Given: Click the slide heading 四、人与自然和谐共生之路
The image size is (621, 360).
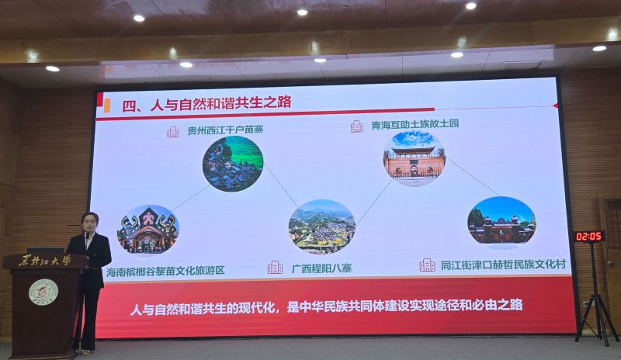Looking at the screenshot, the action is point(206,104).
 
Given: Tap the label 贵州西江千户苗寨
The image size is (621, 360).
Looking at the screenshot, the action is point(225,130).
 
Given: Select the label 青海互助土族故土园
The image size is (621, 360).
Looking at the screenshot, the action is point(415,124).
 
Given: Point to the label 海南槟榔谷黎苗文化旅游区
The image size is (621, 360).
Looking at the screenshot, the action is point(165,271).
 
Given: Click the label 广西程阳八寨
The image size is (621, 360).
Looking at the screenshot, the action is point(321,268).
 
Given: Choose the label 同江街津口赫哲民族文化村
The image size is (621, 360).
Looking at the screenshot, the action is point(503,265).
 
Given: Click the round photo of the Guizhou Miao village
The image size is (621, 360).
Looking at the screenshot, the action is point(233,164).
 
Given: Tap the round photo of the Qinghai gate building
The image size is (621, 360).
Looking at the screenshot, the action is point(415,158).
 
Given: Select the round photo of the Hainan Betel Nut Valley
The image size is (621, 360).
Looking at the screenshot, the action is point(148,230).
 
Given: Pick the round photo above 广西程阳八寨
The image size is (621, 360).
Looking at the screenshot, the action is point(322,227).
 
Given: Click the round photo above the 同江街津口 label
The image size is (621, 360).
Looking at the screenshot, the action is point(501,222).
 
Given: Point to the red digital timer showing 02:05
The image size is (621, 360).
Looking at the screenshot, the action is point(589,237).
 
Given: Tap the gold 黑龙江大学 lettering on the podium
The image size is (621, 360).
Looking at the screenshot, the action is point(45,261).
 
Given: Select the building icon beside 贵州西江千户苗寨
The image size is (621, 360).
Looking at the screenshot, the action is point(172,132).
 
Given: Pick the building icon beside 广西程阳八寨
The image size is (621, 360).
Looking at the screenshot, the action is point(275,268).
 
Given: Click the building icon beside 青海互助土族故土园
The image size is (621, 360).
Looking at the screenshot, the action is point(356,126).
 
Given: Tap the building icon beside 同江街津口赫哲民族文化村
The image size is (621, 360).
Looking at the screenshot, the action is point(427,265).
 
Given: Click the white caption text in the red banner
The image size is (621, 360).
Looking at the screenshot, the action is point(327,307).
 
